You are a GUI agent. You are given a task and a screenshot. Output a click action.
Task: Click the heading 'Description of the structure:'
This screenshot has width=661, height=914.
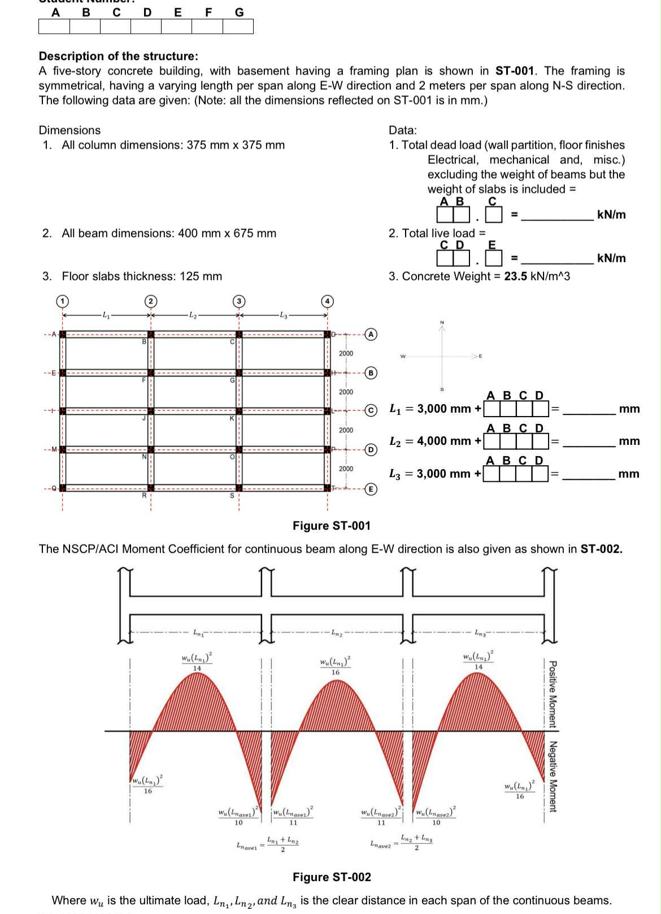click(x=119, y=56)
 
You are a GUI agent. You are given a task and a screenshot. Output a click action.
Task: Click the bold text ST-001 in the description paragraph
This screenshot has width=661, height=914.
click(x=514, y=71)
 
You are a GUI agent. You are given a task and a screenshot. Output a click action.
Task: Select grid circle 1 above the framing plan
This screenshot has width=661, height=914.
click(x=62, y=301)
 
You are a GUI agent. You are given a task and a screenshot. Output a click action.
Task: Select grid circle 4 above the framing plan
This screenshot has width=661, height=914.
click(x=327, y=301)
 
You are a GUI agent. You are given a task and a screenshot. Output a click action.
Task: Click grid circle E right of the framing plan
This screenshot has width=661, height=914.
click(x=371, y=489)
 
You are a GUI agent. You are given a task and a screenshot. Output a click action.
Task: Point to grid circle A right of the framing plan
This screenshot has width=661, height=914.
click(x=371, y=334)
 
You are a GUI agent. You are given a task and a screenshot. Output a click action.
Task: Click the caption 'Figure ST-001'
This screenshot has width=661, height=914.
click(x=332, y=526)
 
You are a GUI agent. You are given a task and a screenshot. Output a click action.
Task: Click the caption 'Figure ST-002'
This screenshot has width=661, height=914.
click(x=332, y=877)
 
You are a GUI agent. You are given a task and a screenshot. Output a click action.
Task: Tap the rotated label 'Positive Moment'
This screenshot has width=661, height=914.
click(x=553, y=694)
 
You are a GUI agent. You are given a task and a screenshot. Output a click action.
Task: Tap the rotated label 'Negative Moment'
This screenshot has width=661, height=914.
click(x=553, y=776)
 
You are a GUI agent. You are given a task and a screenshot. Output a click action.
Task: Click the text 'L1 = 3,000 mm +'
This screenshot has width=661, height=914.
click(x=435, y=408)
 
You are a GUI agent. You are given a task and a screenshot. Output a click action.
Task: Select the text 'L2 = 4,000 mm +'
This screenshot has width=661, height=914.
click(x=435, y=441)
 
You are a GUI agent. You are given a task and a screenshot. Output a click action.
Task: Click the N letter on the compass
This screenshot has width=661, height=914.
click(x=442, y=322)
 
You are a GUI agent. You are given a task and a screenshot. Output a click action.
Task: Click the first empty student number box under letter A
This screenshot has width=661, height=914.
click(x=54, y=27)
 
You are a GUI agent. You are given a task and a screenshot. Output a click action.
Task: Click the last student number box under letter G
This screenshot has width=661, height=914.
click(x=238, y=27)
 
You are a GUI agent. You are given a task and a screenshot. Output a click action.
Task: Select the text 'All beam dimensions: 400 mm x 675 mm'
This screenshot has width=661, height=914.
click(x=169, y=233)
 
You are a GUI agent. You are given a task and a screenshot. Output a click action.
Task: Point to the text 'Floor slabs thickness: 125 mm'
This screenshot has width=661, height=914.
click(x=142, y=276)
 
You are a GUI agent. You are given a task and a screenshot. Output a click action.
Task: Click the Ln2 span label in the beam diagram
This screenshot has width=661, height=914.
click(x=336, y=633)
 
